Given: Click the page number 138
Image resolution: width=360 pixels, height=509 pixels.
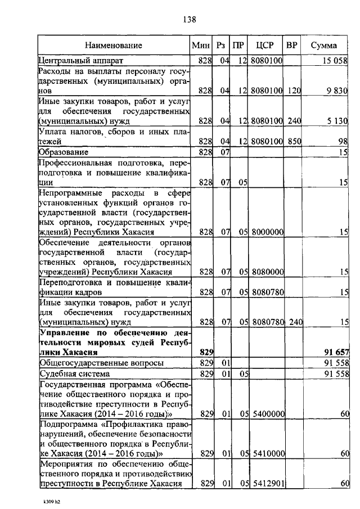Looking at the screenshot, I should pyautogui.click(x=188, y=20).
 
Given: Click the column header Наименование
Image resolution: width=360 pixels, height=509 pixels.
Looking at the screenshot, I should pyautogui.click(x=114, y=45).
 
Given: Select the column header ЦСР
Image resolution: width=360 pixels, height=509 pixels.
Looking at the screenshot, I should pyautogui.click(x=265, y=45).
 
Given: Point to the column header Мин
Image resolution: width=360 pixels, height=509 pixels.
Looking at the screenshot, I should pyautogui.click(x=200, y=45).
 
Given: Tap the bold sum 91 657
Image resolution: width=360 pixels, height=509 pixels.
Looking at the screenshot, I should pyautogui.click(x=336, y=352).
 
